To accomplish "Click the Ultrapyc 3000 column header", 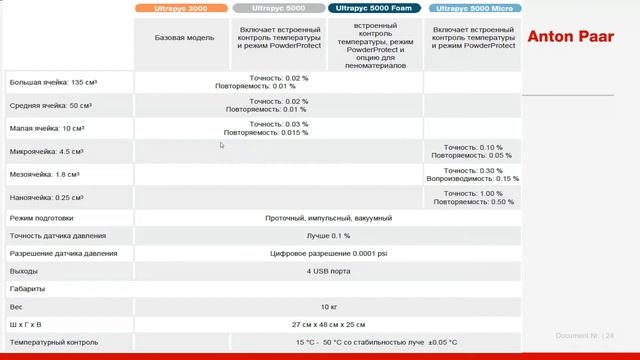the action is click(185, 8).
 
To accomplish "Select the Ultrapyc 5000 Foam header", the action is click(374, 8).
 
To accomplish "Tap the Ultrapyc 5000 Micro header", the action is click(472, 8).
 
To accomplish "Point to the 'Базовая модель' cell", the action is click(185, 38).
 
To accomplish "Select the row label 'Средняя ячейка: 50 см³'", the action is click(51, 105).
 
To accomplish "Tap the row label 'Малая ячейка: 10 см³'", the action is click(46, 128).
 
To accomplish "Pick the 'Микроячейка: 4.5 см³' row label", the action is click(46, 152).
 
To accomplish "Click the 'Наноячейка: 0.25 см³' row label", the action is click(46, 198).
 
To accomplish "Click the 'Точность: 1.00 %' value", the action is click(474, 193).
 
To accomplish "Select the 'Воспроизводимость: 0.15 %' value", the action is click(473, 178).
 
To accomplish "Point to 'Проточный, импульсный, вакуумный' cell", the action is click(328, 217).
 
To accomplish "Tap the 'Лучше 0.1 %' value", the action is click(328, 235).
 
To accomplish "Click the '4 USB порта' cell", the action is click(328, 271).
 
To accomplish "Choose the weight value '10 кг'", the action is click(328, 306).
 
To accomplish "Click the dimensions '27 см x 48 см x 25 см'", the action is click(328, 324).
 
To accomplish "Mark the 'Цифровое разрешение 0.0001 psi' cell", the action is click(328, 253).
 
